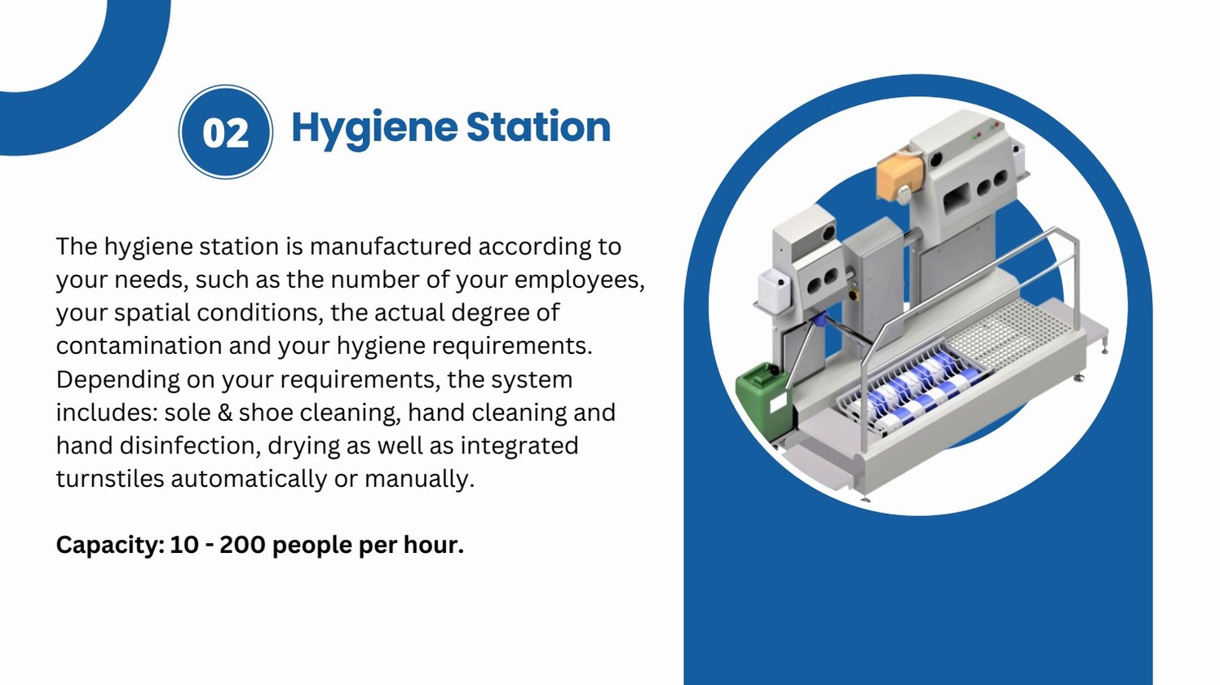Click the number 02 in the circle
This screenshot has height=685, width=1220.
point(225,133)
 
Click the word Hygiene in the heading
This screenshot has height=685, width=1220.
point(374,128)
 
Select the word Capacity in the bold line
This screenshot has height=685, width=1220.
point(109,545)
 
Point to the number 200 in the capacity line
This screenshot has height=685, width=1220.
point(242,545)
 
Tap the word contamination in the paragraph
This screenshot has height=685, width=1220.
point(139,346)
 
